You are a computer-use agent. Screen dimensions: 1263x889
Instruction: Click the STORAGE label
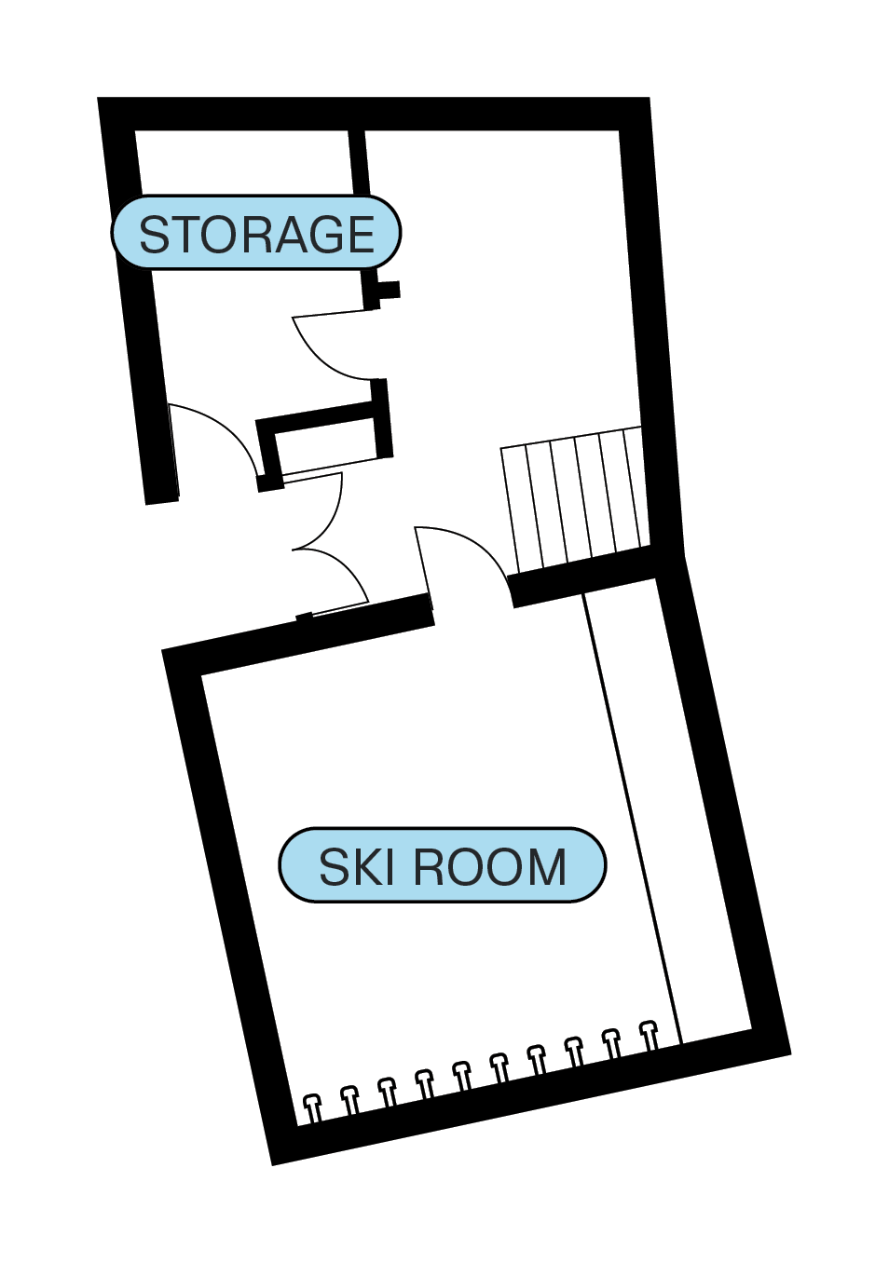click(x=256, y=233)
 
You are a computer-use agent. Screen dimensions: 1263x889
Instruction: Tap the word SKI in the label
click(x=357, y=867)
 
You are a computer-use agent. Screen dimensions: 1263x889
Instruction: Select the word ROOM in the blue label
click(x=490, y=867)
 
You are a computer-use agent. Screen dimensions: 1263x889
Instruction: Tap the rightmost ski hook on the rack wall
click(x=650, y=1035)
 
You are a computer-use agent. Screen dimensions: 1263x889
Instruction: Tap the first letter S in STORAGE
click(x=155, y=235)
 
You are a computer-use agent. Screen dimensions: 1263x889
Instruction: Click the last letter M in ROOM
click(x=546, y=867)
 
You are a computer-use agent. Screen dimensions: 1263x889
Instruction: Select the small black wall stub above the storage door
click(x=389, y=290)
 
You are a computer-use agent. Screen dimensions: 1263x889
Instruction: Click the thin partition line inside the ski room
click(x=634, y=820)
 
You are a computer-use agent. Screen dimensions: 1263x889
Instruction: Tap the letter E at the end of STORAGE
click(x=359, y=234)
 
